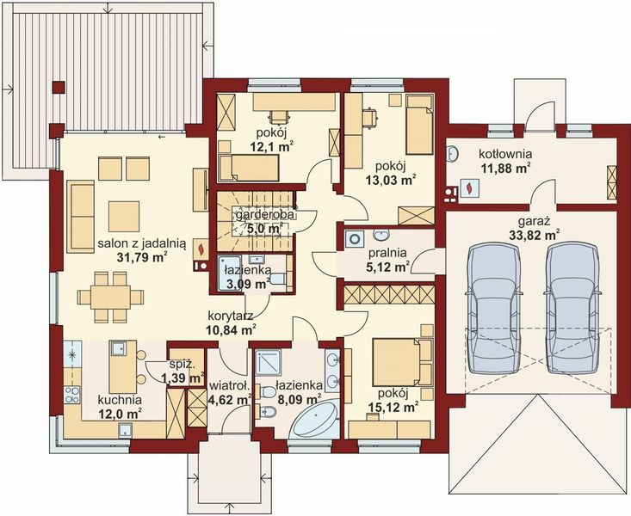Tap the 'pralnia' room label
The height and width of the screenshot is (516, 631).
[x=388, y=254]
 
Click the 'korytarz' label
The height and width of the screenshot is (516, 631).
[x=228, y=315]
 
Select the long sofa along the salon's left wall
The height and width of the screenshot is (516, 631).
[x=81, y=216]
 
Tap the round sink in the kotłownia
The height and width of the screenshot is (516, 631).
[x=451, y=155]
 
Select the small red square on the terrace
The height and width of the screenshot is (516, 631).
[x=59, y=86]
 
